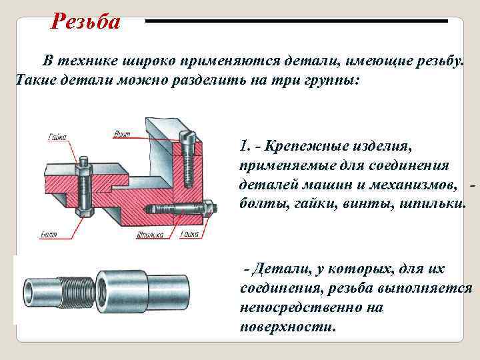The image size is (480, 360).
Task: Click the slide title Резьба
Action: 86,22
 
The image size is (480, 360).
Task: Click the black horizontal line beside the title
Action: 297,21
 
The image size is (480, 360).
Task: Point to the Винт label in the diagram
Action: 121,134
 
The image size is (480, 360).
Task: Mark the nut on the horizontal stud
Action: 209,209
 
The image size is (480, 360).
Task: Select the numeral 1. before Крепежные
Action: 244,145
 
